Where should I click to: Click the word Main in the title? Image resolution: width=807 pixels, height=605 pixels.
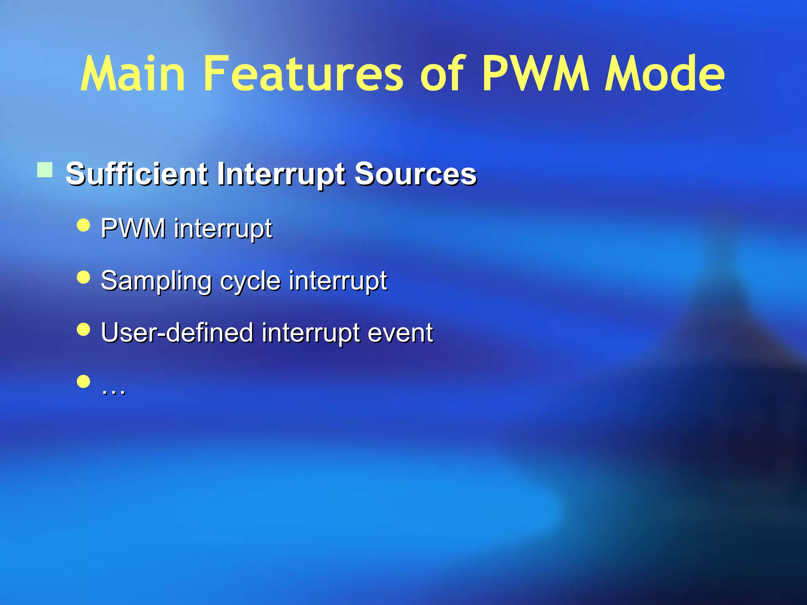point(132,74)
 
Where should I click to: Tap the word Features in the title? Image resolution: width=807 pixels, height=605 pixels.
point(303,74)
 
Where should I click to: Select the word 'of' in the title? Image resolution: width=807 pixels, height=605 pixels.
point(443,74)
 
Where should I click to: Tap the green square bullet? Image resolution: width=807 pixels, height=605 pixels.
point(45,170)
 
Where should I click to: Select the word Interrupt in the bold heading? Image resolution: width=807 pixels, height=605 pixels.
point(281,174)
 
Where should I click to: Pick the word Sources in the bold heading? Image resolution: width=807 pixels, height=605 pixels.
point(415,174)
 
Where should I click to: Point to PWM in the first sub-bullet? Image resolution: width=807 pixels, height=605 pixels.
point(133,228)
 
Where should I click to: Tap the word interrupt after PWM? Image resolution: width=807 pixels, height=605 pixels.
point(223,229)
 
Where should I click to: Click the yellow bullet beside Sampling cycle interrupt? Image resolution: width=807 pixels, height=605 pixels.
point(84,277)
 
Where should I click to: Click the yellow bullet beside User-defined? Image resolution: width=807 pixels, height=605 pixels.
point(84,329)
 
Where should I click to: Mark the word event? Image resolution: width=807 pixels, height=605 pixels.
point(400,333)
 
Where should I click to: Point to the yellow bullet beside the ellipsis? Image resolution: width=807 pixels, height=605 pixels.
point(84,381)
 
